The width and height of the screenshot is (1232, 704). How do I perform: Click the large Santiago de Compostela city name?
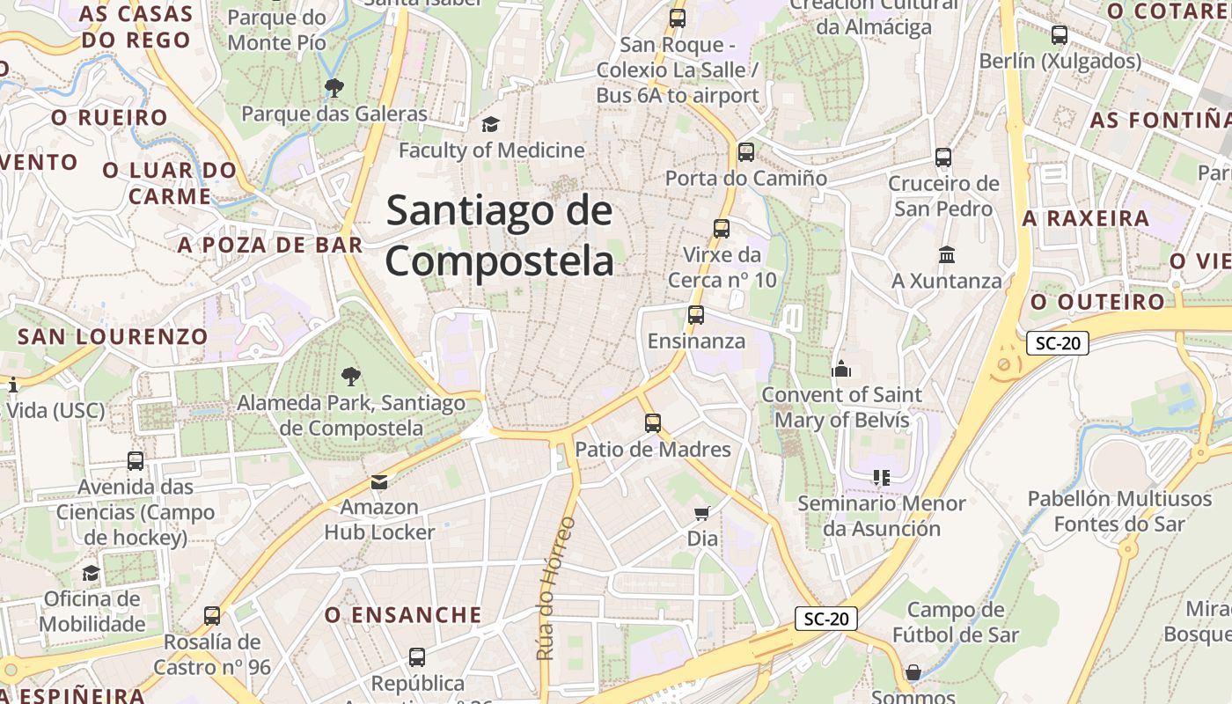click(x=499, y=236)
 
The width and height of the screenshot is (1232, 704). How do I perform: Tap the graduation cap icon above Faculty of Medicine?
click(x=490, y=125)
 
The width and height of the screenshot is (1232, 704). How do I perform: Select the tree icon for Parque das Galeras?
click(x=334, y=87)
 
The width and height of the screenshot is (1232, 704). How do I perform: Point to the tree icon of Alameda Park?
click(x=350, y=377)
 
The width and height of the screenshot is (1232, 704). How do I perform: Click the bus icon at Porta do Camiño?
click(x=746, y=151)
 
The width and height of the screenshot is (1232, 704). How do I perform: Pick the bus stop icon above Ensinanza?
click(x=696, y=314)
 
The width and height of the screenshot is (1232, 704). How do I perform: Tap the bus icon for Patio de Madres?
click(x=652, y=422)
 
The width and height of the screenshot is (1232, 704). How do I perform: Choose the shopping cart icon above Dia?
click(x=702, y=512)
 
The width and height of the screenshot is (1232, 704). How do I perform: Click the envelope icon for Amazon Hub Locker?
click(x=379, y=481)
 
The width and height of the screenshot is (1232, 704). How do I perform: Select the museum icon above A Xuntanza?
click(x=947, y=254)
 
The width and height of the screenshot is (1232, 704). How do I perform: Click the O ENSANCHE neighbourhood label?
click(x=403, y=614)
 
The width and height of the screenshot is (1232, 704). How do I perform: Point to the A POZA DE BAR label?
click(x=270, y=245)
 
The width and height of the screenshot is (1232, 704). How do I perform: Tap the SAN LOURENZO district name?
click(x=113, y=336)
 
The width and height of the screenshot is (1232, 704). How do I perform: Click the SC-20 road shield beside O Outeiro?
click(x=1058, y=343)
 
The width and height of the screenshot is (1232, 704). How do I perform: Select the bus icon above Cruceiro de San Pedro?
click(x=943, y=158)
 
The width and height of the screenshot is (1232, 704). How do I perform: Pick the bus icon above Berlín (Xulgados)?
click(x=1060, y=35)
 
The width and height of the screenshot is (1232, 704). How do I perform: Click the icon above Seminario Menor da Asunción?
click(x=881, y=478)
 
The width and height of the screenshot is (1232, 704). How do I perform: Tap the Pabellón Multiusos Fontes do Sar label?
click(x=1119, y=511)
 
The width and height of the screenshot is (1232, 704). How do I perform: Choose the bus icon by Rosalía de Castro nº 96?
click(x=212, y=615)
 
